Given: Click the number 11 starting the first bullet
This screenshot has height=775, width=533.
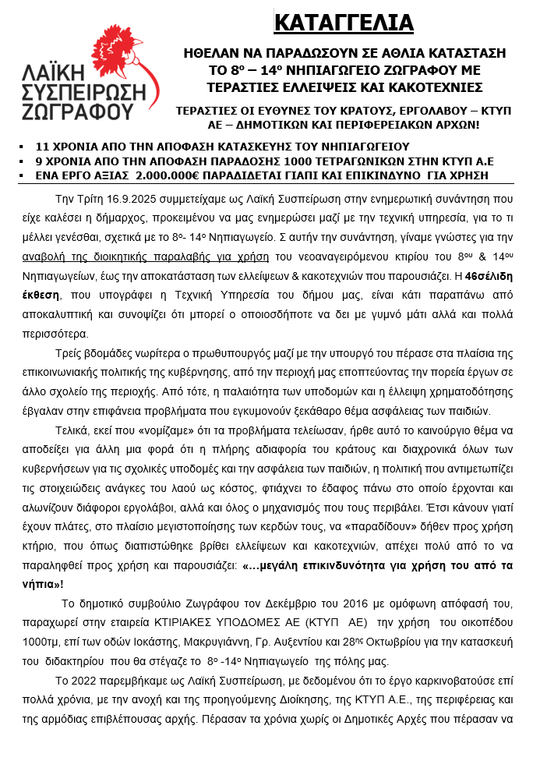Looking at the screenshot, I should (43, 147).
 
